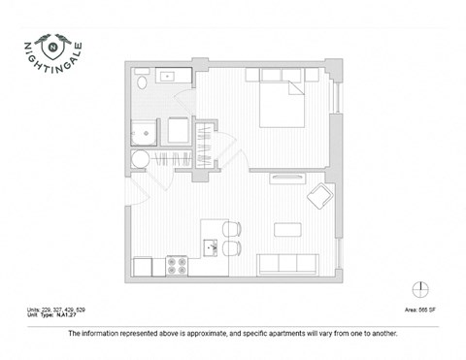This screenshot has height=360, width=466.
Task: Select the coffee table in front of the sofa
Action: [287, 230]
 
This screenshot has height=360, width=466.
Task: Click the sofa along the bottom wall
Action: [288, 262]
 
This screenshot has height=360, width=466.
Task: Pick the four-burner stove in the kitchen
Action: [177, 263]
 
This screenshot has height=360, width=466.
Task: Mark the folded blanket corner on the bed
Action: [294, 90]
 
